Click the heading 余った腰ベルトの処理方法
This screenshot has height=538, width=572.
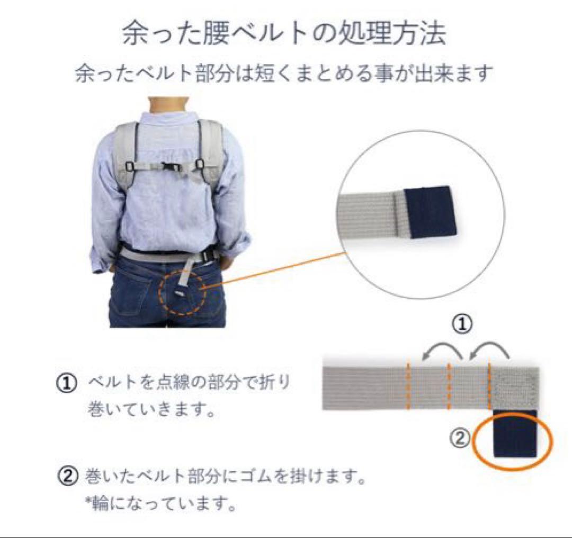click(283, 33)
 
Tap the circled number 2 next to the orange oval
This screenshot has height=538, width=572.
click(460, 438)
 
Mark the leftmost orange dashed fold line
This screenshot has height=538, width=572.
click(408, 388)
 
